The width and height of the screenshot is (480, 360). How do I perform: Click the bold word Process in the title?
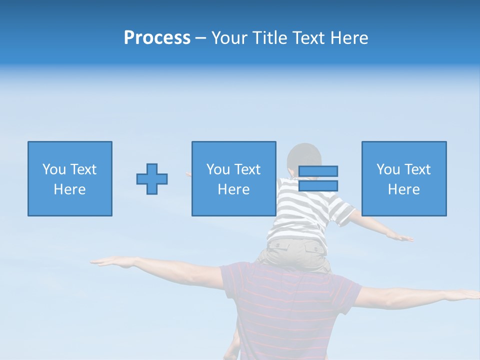[157, 37]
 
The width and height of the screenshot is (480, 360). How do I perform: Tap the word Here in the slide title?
[349, 38]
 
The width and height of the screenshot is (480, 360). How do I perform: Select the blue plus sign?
[152, 178]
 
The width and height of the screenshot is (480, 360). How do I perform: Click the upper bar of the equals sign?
[318, 171]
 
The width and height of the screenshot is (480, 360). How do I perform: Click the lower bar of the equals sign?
[318, 186]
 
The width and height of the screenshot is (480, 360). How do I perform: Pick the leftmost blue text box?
[70, 178]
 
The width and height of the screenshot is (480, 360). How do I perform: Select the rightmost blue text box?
[404, 178]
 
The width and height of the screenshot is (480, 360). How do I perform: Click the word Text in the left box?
[83, 169]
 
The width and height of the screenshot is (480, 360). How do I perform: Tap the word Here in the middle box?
[233, 189]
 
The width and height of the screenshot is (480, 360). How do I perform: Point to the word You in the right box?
[388, 169]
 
